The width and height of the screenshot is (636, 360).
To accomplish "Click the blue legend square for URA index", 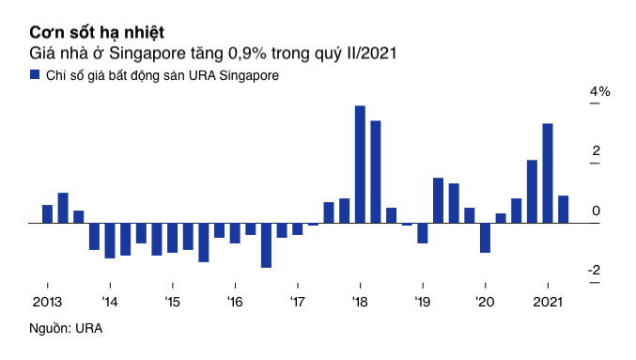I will click(35, 74).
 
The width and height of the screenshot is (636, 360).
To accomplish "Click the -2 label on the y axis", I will click(595, 271).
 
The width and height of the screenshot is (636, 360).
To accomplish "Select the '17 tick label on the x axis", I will click(297, 302).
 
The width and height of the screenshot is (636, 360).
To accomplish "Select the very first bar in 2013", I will click(47, 214).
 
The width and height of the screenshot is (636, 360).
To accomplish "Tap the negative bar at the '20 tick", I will click(485, 238).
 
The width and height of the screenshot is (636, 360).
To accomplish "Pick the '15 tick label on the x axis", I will click(172, 302).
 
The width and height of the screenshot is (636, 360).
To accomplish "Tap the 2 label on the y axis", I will click(596, 151).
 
